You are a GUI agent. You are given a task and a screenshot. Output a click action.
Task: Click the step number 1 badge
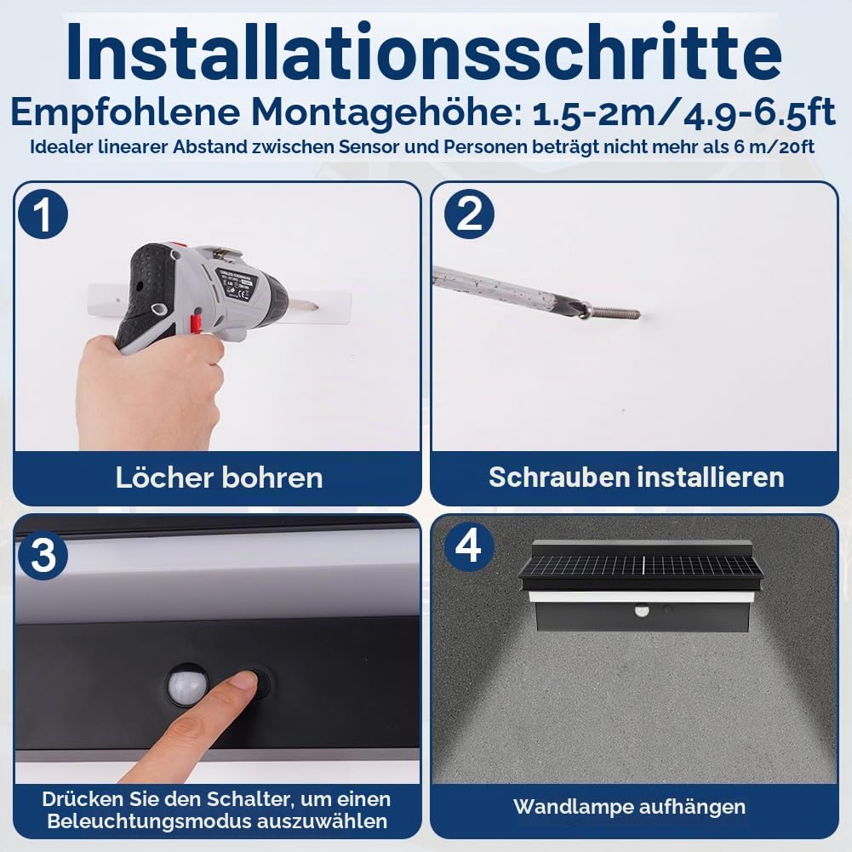[x=43, y=214]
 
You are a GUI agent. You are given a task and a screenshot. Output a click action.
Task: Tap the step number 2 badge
[x=469, y=214]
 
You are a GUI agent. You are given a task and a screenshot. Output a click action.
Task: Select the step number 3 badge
[x=43, y=555]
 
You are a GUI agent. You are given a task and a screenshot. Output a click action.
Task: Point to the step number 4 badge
[x=469, y=546]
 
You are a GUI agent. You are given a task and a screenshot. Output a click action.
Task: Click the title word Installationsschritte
[x=425, y=52]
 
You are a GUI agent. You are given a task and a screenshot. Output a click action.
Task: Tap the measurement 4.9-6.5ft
[x=759, y=114]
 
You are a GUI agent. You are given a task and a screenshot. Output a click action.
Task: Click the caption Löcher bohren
[x=219, y=477]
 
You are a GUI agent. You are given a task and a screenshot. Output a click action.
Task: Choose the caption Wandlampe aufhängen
[x=629, y=807]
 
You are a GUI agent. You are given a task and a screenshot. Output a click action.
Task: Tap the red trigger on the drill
[x=196, y=324]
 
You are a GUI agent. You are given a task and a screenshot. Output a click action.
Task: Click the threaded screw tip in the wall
[x=613, y=312]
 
